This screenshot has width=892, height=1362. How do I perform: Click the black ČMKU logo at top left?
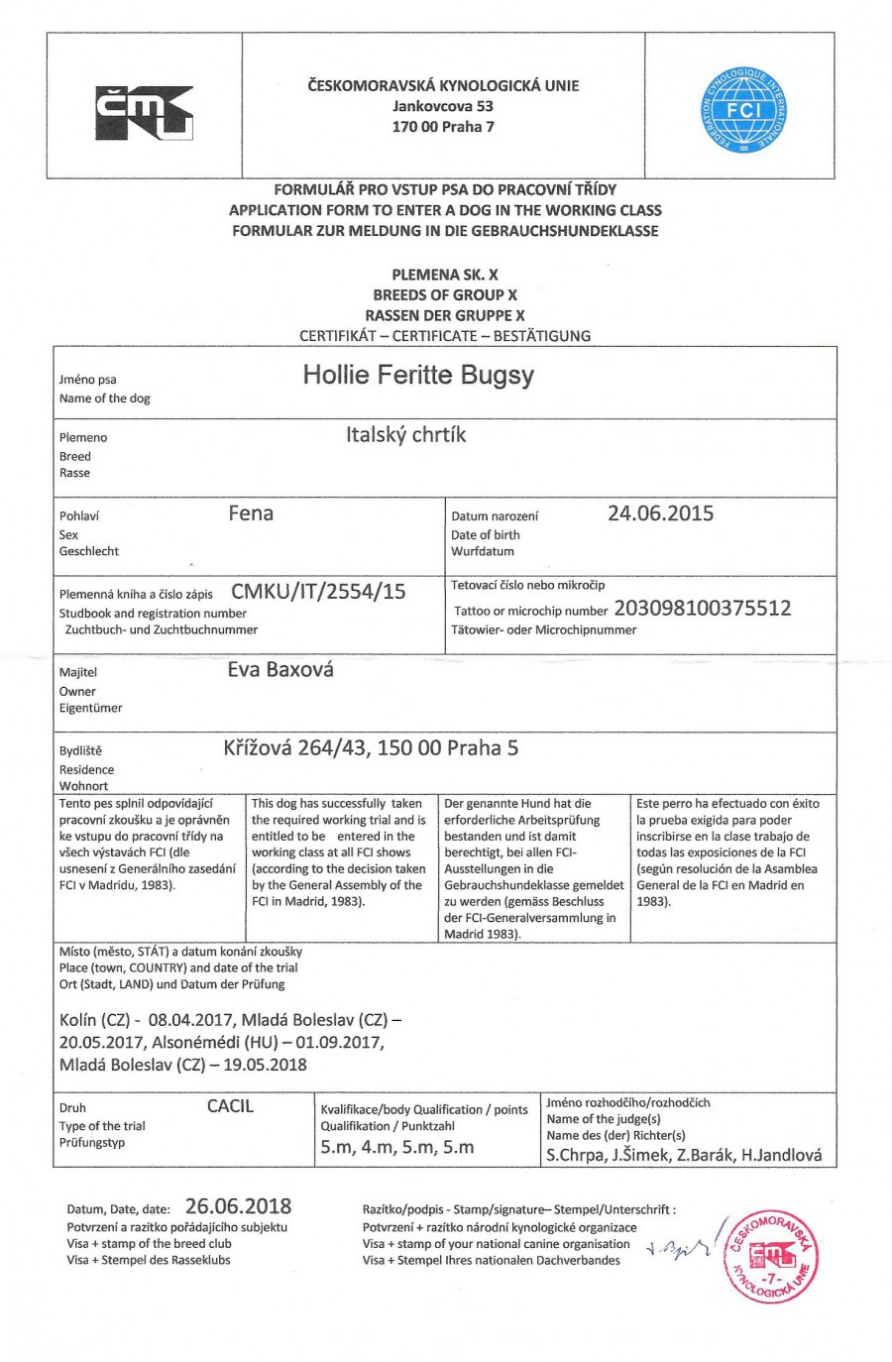click(144, 113)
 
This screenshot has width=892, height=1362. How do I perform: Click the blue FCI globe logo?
click(742, 110)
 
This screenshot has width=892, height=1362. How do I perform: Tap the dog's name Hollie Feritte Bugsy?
click(418, 375)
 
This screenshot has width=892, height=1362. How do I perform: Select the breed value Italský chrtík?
click(405, 434)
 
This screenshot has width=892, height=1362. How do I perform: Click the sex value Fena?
click(251, 513)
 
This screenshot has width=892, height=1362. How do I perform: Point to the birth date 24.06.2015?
click(660, 513)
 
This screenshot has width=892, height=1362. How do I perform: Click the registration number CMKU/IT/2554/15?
click(318, 592)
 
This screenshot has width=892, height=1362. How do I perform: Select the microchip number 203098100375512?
click(703, 609)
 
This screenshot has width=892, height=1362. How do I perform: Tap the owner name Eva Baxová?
click(280, 670)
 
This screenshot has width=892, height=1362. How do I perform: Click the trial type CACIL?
click(230, 1106)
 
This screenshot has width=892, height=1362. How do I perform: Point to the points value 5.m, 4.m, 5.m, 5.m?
click(396, 1148)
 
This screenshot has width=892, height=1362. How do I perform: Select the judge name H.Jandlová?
click(782, 1155)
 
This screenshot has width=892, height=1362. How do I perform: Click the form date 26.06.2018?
click(238, 1206)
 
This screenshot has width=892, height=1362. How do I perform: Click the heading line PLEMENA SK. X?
click(445, 275)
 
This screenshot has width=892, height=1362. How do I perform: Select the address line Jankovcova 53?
click(442, 106)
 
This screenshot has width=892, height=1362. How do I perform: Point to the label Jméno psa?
click(87, 380)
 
